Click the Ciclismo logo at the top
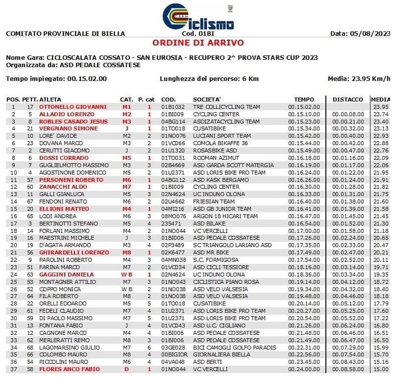pos(198,17)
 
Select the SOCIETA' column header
pos(207,99)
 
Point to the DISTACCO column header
pos(347,99)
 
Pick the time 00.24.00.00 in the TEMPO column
pos(304,369)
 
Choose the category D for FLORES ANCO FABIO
pos(127,369)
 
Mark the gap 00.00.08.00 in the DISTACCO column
pos(347,114)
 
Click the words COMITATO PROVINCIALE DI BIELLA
pos(65,34)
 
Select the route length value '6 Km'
pos(249,79)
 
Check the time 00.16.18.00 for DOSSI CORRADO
pos(304,158)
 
